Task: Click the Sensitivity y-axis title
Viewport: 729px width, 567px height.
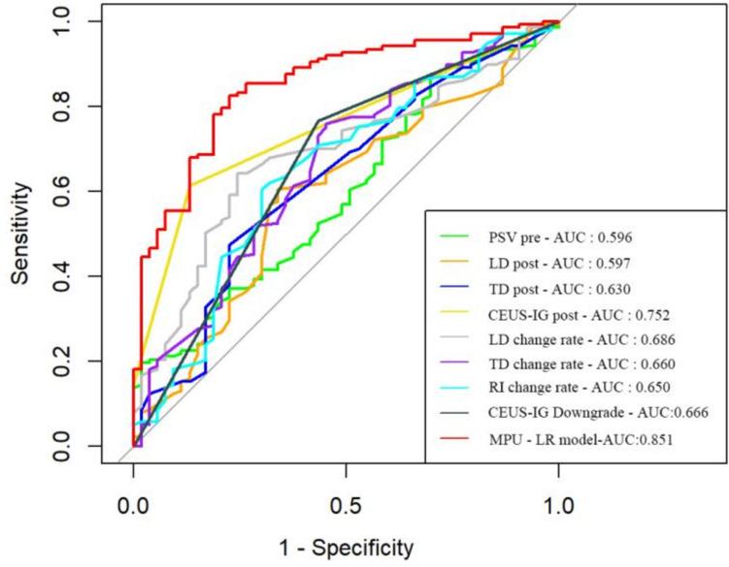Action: click(21, 234)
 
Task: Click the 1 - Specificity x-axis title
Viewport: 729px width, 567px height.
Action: click(346, 548)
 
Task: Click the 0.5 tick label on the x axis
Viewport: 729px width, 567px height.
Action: click(346, 504)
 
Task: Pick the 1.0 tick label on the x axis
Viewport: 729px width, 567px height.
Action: click(558, 504)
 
